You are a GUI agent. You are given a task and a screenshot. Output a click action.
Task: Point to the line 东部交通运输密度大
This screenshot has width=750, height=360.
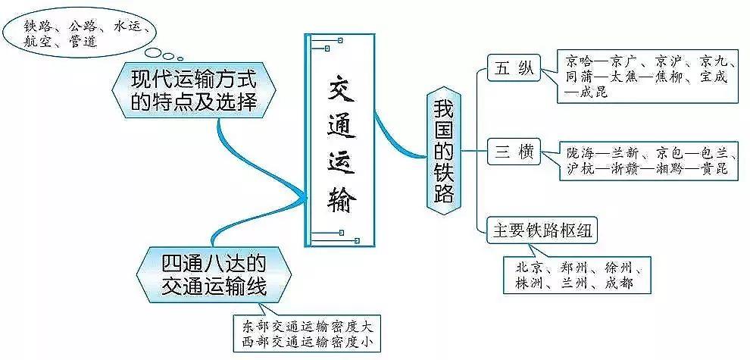pyautogui.click(x=308, y=327)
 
